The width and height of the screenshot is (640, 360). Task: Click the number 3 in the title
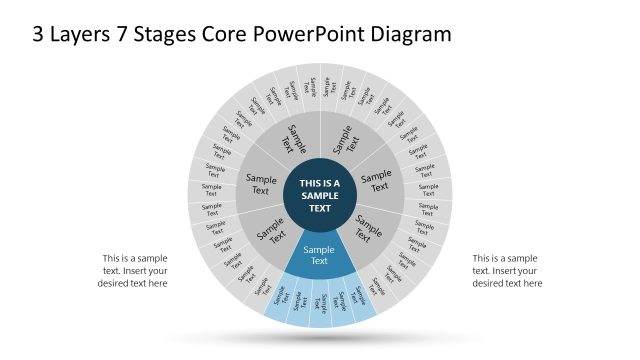click(x=39, y=34)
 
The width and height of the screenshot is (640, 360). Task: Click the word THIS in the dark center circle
click(x=308, y=183)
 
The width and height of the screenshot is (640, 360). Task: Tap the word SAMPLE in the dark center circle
click(x=320, y=196)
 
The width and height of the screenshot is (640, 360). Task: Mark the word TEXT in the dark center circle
click(x=320, y=209)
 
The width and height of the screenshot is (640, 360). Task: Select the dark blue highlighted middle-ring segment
click(x=319, y=256)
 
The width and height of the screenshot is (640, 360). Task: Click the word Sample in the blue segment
click(x=319, y=250)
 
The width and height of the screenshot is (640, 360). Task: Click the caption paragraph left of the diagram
click(x=132, y=270)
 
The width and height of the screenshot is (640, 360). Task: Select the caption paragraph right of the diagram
click(x=507, y=270)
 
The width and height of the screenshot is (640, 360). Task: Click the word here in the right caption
click(x=532, y=283)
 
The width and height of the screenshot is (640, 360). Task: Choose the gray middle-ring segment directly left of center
click(x=259, y=185)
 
